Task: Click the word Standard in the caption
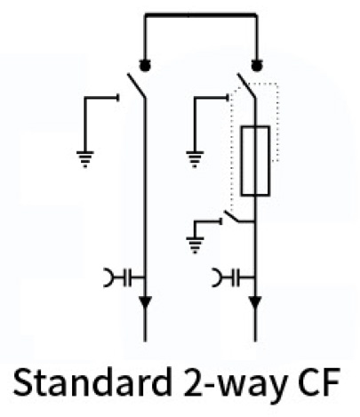tap(92, 382)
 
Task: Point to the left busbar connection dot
tap(145, 65)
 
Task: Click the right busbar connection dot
tap(257, 65)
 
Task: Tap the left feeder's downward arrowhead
tap(145, 302)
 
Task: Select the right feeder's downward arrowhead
tap(255, 302)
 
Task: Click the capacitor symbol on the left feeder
tap(127, 277)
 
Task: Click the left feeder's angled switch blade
tap(136, 85)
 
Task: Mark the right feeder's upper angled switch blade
tap(246, 85)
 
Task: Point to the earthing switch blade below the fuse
tap(234, 216)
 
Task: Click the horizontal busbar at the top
tap(201, 14)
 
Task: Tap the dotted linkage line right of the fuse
tap(278, 122)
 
